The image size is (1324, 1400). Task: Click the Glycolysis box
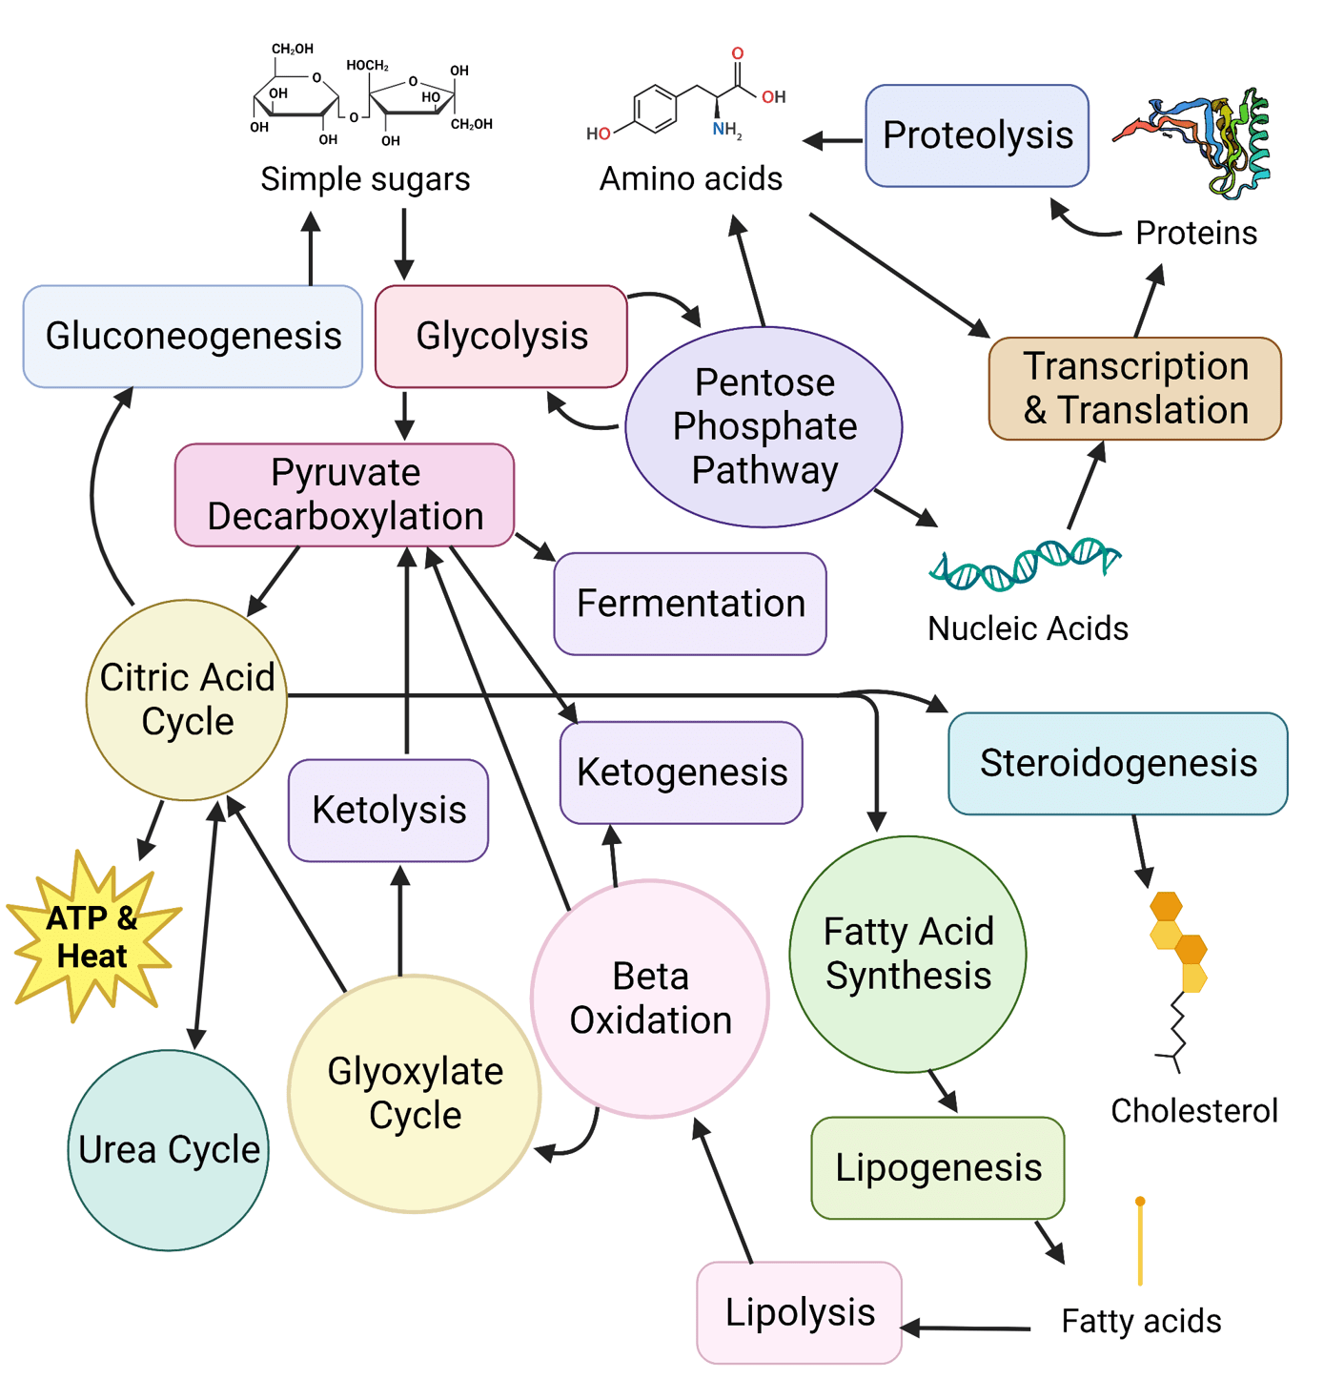[501, 336]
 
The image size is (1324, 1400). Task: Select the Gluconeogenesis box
[193, 336]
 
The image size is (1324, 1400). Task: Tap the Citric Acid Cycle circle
[187, 699]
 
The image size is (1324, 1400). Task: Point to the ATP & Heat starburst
[92, 937]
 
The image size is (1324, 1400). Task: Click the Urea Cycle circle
[169, 1149]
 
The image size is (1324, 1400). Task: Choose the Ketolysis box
[389, 810]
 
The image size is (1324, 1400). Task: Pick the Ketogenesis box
[682, 772]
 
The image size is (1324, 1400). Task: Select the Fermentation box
[690, 604]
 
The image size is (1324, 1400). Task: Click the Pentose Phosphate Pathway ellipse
[764, 426]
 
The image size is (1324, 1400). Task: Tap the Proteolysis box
[977, 135]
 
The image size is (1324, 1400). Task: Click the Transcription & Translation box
[1135, 388]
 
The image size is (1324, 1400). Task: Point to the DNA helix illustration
[1025, 564]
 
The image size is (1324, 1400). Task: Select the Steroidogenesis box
[1118, 763]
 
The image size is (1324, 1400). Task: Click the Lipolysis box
[800, 1312]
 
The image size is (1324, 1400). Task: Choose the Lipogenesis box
[938, 1167]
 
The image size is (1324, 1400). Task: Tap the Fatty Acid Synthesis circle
[908, 954]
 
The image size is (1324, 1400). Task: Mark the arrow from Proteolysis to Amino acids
[833, 141]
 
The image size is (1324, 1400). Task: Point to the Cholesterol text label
[1194, 1111]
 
